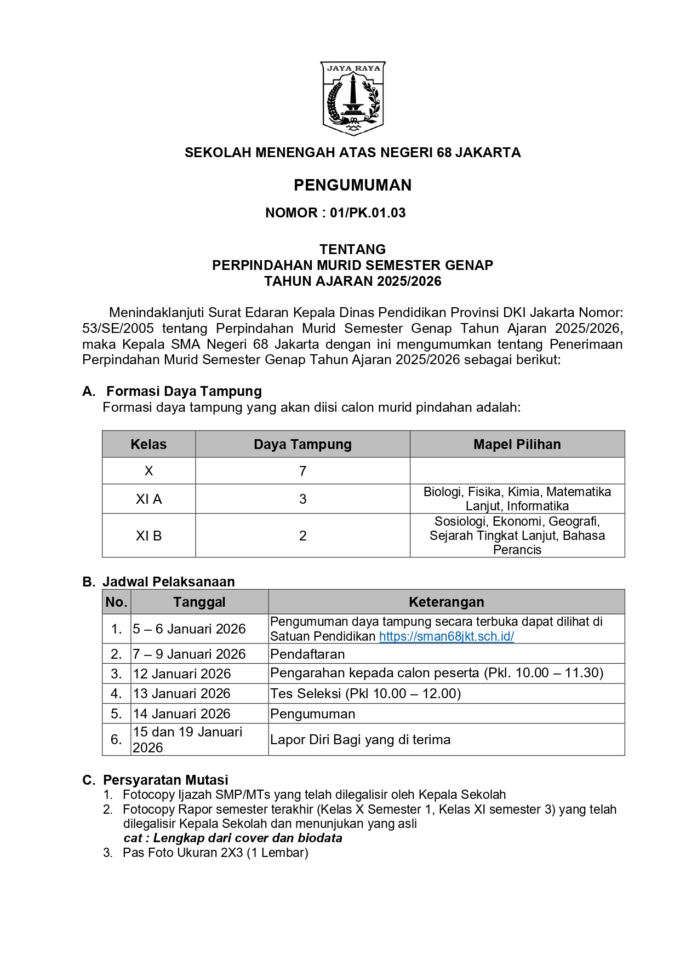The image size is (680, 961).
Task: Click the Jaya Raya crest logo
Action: (353, 99)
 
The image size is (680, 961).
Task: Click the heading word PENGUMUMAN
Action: (352, 185)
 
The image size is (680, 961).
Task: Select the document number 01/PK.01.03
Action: (368, 213)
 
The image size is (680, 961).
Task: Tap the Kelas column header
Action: (148, 444)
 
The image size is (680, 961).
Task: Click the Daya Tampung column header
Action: (302, 444)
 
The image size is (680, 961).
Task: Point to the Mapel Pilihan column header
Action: (517, 444)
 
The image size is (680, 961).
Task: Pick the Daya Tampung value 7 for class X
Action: (302, 471)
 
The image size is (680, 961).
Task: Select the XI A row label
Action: (148, 499)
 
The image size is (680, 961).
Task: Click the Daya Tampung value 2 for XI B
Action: (302, 536)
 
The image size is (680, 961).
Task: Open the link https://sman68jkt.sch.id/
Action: (446, 636)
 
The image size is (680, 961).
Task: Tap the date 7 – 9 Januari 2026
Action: (189, 654)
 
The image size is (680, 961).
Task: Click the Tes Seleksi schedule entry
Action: (365, 694)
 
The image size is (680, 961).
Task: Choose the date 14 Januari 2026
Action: (181, 713)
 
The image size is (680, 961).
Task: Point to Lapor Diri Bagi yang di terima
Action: (360, 740)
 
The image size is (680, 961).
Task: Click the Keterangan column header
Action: (446, 602)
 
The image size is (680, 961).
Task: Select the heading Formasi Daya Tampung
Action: (184, 391)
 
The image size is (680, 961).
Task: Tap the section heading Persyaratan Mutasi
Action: (165, 780)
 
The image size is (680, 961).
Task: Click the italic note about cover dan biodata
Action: (233, 838)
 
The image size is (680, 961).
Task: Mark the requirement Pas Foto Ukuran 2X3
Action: (215, 853)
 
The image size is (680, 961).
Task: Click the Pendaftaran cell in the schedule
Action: (307, 654)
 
